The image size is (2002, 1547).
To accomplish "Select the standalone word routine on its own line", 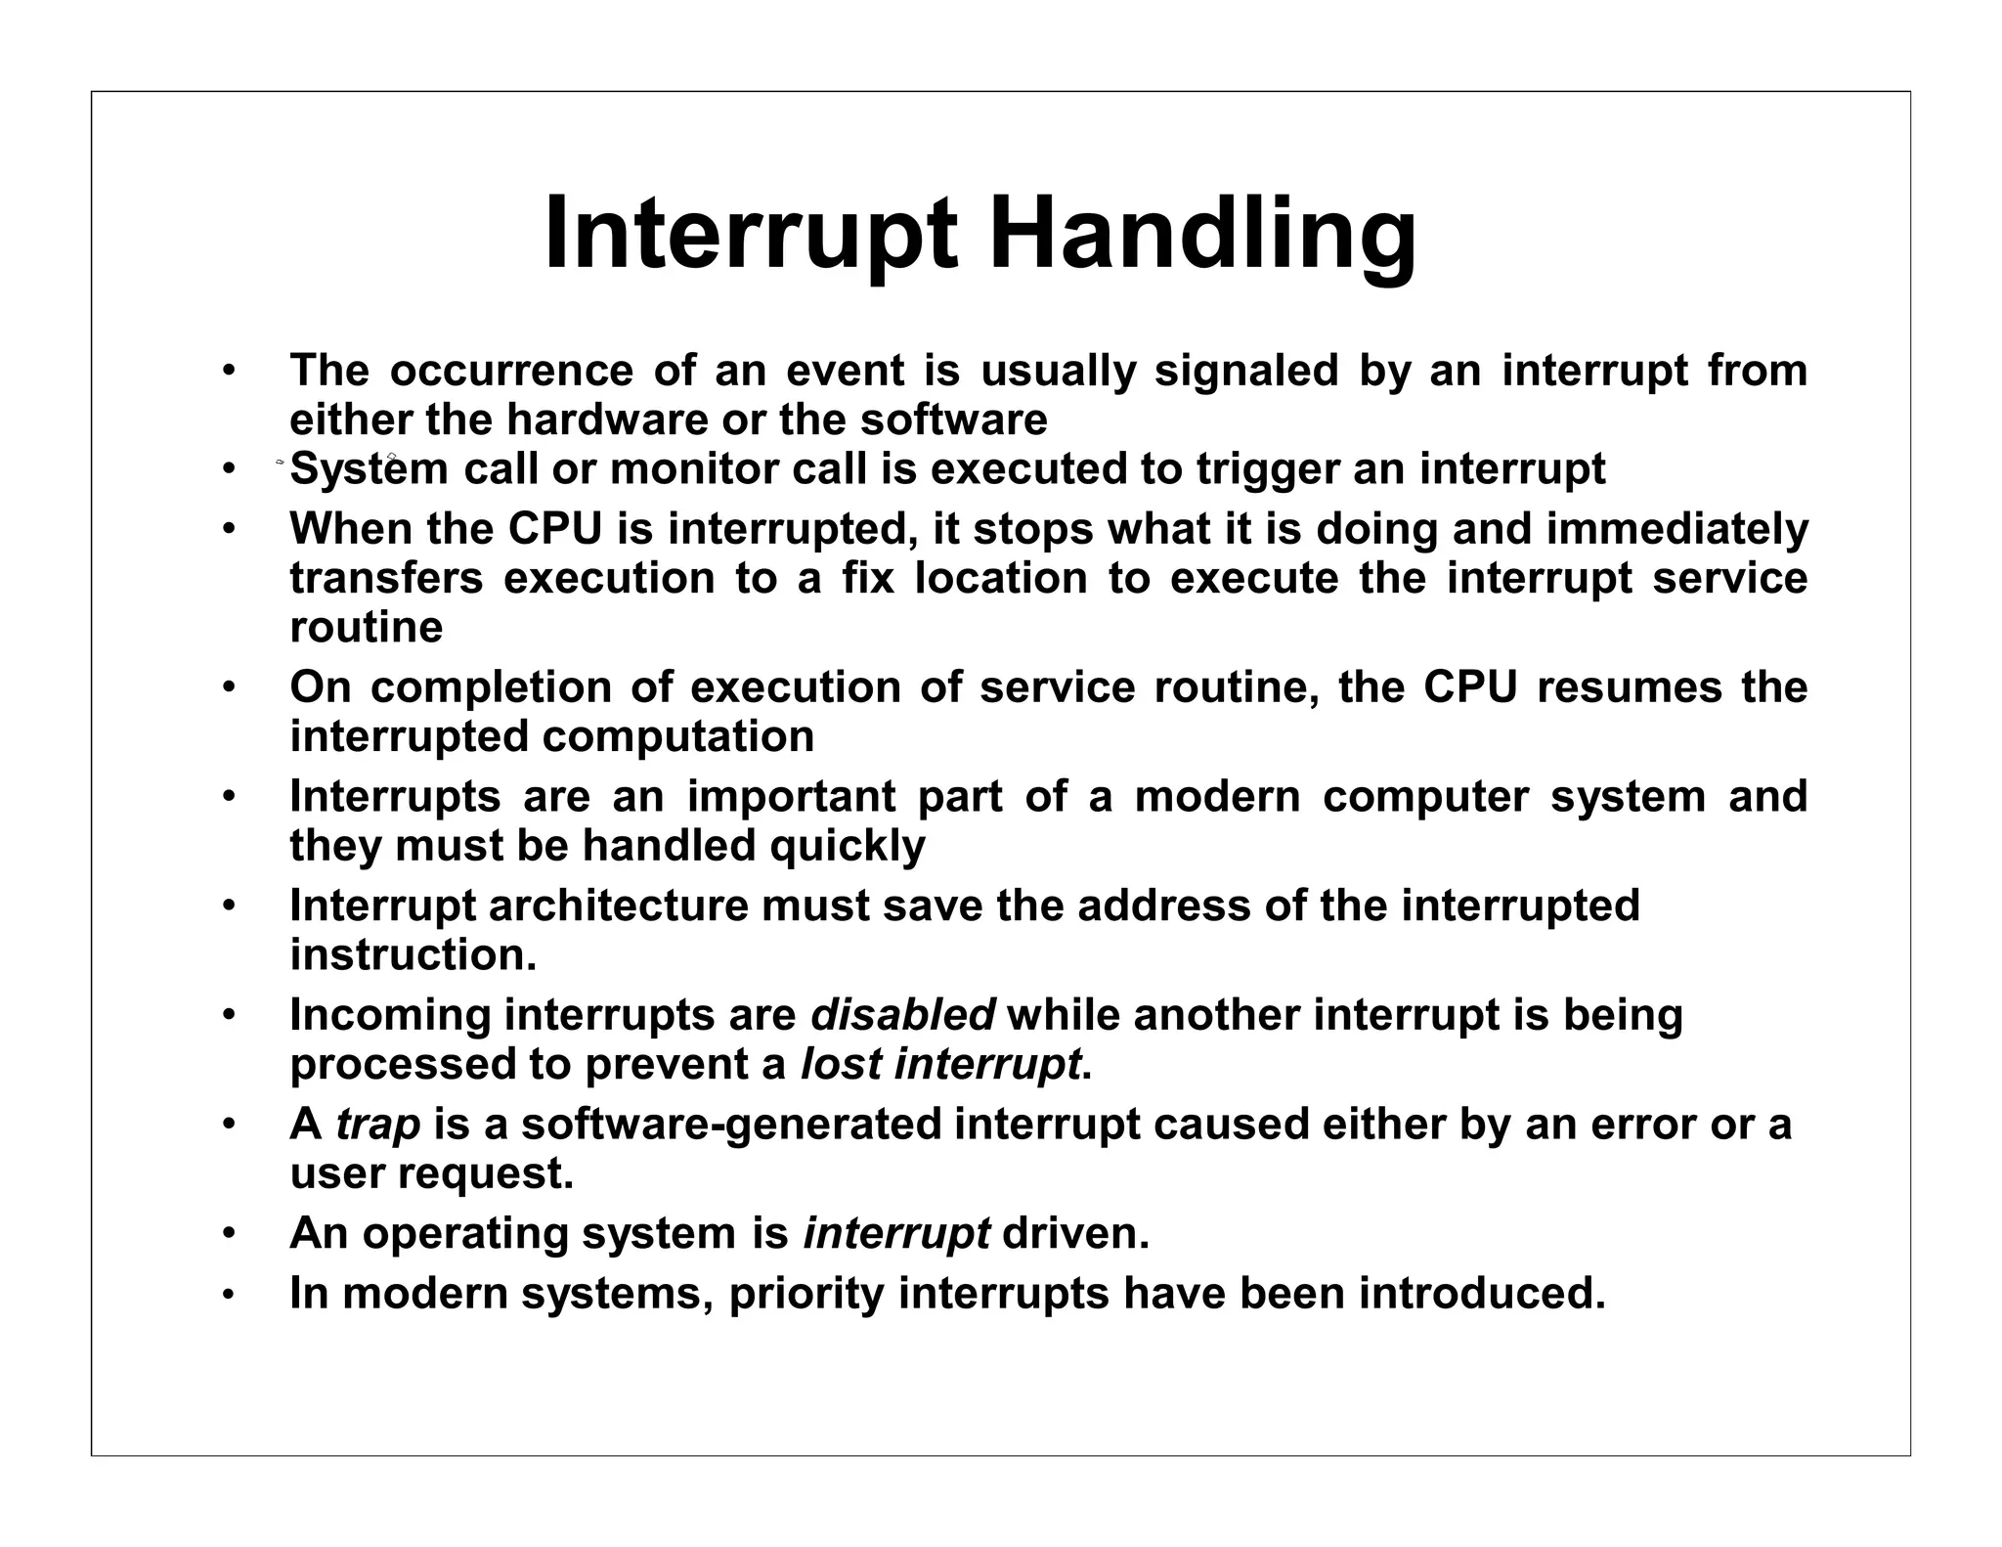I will coord(366,628).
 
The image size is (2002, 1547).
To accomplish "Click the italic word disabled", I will coord(902,1015).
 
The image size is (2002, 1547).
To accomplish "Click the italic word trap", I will coord(377,1126).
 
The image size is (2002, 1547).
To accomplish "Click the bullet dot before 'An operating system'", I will coord(228,1235).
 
